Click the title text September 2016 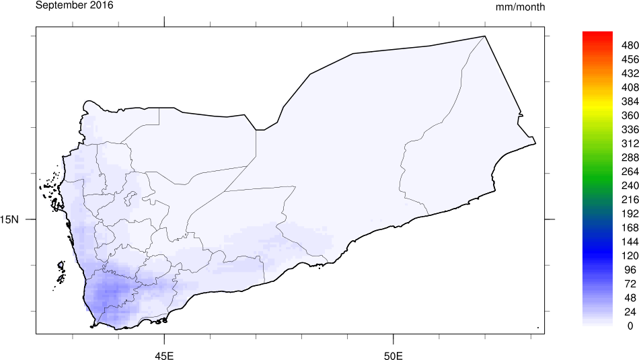74,5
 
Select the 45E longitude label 165,355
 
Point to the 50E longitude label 393,355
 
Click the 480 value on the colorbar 630,45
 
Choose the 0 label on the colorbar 630,326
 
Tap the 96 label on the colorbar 630,269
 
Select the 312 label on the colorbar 630,143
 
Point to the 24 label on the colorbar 630,312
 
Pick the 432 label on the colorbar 630,73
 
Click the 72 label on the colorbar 630,283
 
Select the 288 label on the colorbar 630,157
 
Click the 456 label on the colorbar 630,59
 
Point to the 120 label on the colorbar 630,256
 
